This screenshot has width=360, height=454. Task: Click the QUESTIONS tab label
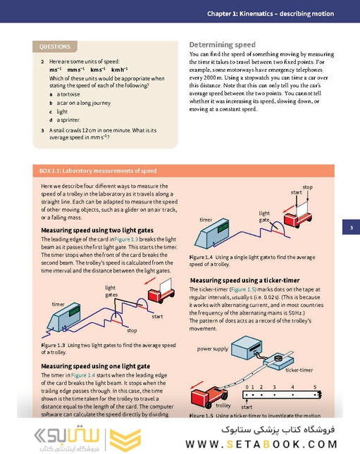[x=55, y=47]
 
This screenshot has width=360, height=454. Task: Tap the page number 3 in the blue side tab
[x=350, y=227]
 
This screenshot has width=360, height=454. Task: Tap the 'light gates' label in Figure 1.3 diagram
[x=111, y=291]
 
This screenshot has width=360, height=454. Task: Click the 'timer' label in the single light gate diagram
[x=206, y=220]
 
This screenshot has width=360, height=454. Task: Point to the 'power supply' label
[x=213, y=348]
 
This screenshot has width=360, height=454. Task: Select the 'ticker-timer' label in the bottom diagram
[x=299, y=369]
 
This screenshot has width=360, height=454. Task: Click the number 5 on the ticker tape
[x=314, y=387]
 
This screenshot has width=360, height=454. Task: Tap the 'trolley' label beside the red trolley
[x=223, y=406]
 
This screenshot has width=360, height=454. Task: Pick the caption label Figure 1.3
[x=53, y=345]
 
